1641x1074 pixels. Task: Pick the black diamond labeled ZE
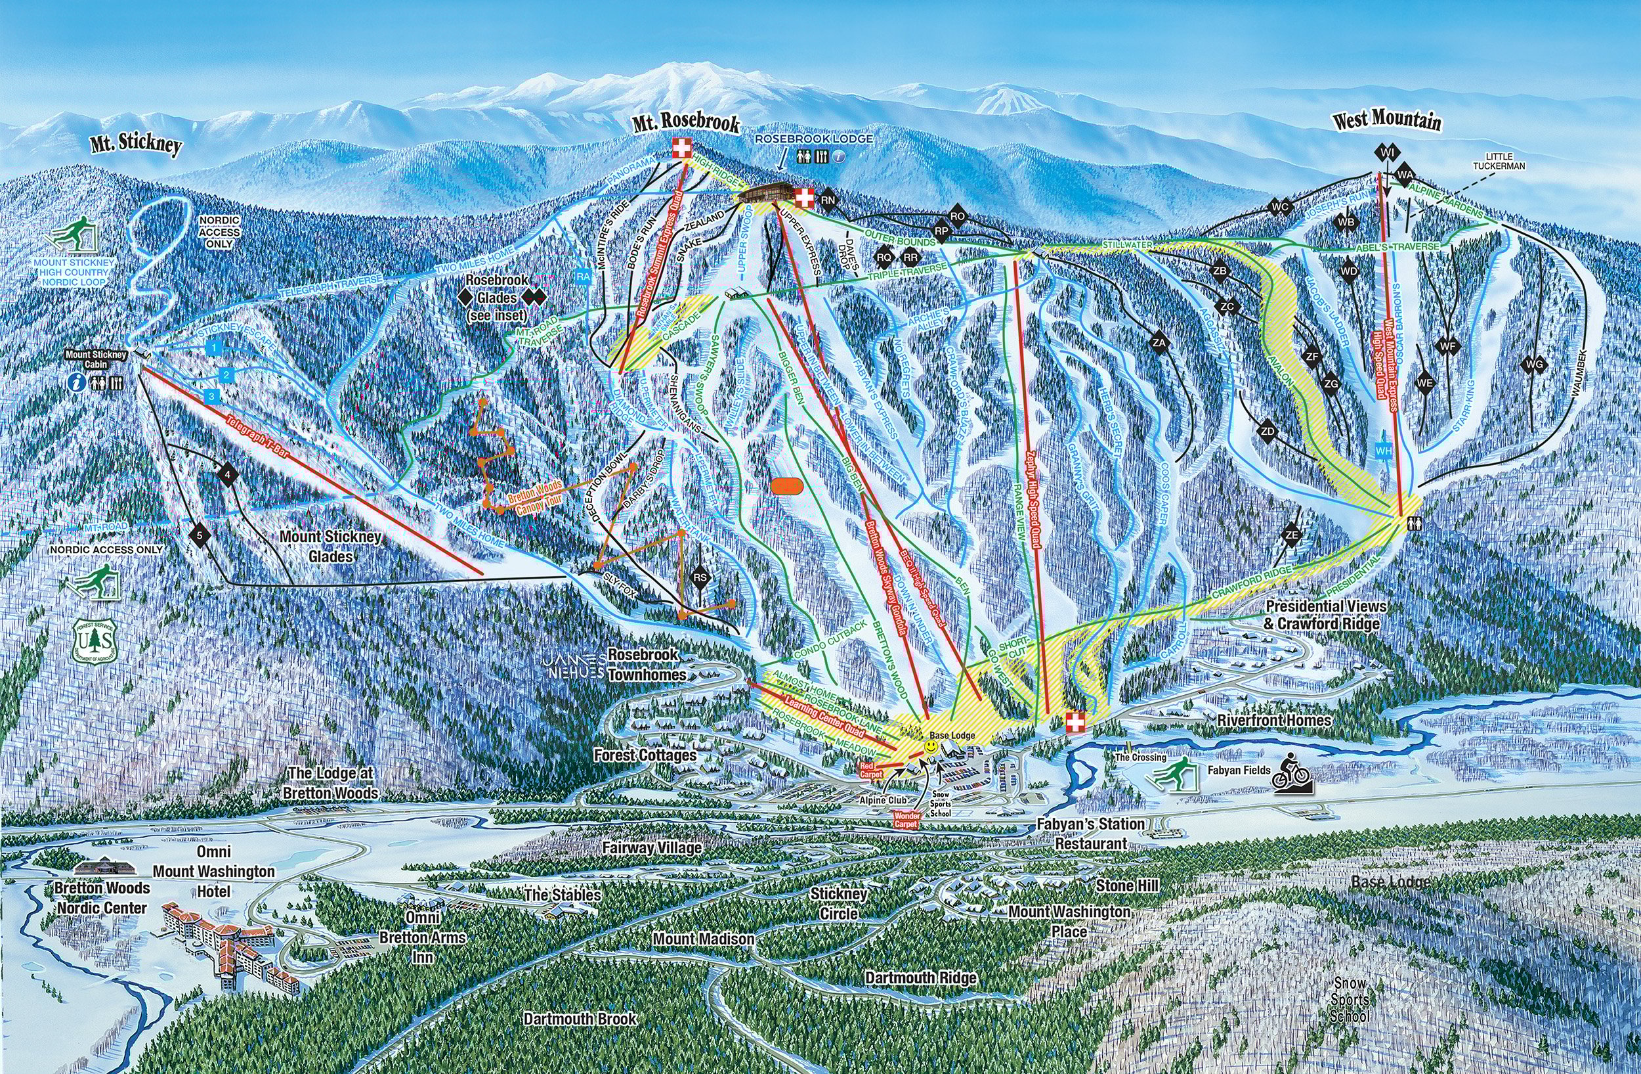point(1291,535)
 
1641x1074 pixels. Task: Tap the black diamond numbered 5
point(200,535)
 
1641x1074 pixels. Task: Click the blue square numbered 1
point(215,347)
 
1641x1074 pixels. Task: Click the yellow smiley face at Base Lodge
point(930,747)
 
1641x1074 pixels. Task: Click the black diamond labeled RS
point(700,578)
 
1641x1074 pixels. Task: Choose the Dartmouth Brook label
point(580,1018)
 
